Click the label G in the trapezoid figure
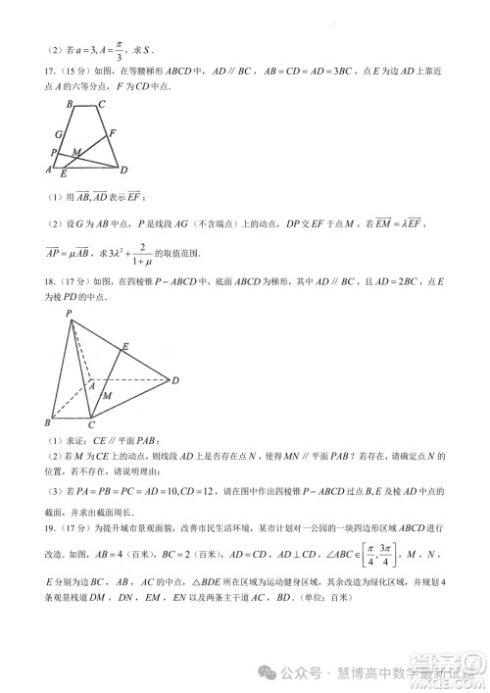pos(59,134)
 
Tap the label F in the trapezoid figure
pos(113,131)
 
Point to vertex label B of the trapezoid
pos(69,103)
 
